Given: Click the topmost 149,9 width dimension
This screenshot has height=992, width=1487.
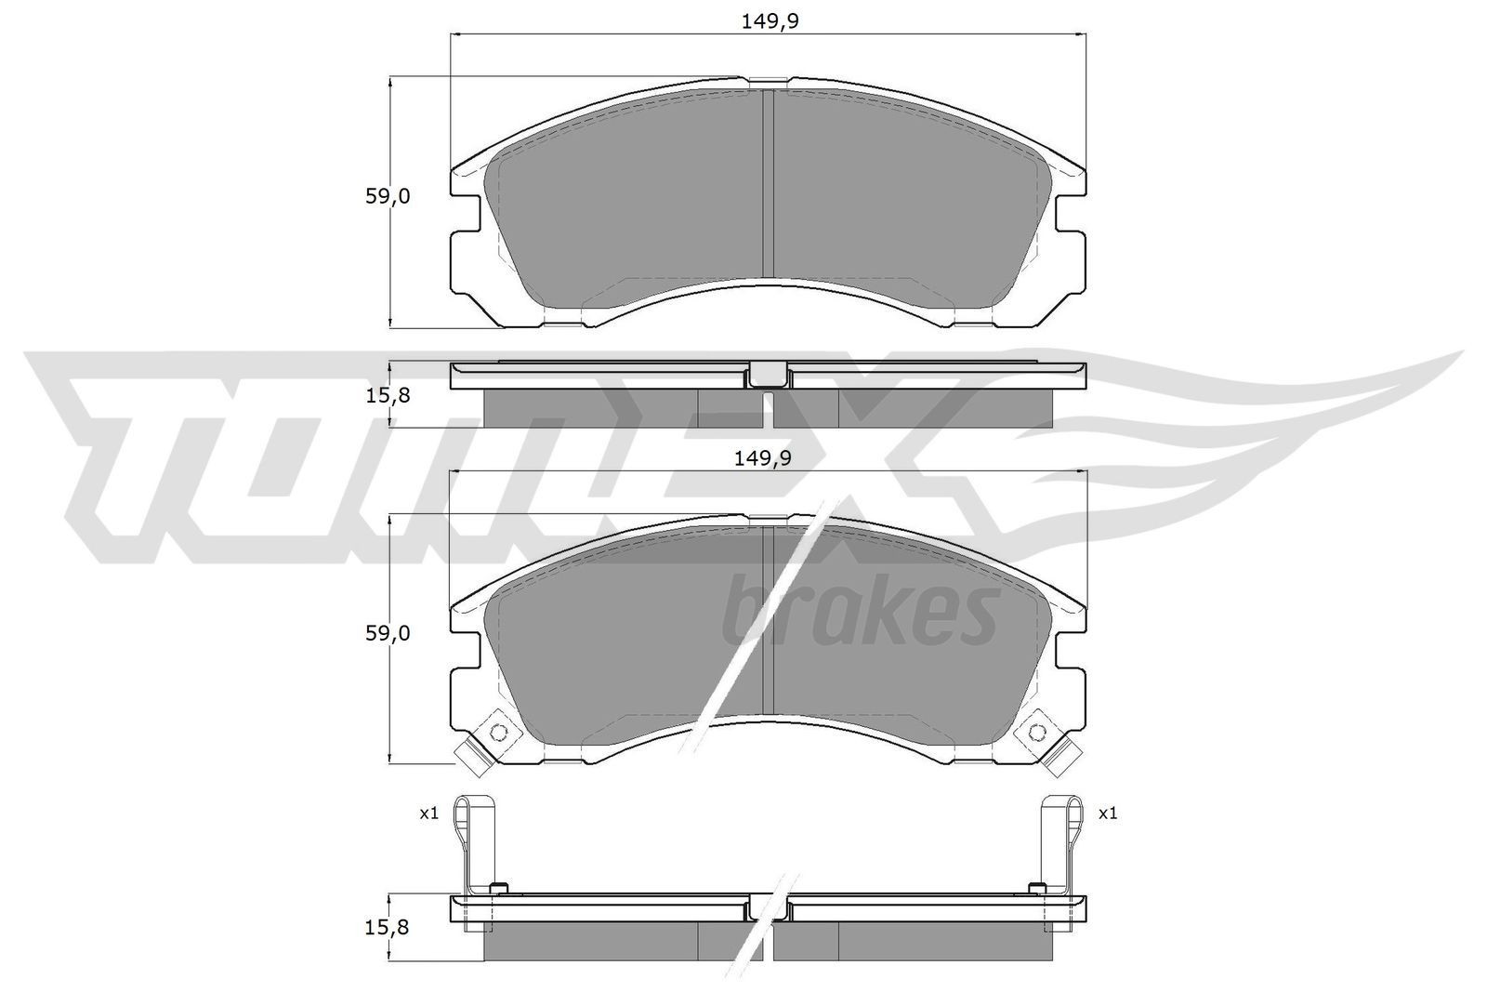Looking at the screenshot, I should click(x=770, y=21).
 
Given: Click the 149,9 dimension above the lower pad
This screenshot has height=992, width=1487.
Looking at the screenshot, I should click(x=760, y=457).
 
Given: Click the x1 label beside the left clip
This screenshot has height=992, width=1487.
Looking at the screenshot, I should click(x=428, y=813).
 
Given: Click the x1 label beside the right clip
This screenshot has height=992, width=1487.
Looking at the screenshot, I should click(x=1108, y=813).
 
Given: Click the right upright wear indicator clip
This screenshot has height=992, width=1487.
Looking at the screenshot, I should click(x=1062, y=841).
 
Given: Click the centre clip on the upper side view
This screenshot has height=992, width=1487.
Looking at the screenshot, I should click(x=768, y=374).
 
